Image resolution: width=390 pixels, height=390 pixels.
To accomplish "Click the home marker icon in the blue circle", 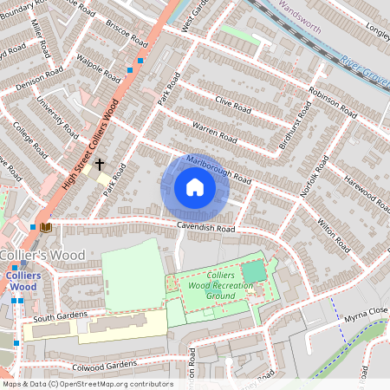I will coord(194,187).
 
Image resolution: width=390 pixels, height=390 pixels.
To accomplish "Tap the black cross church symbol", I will coord(100,163).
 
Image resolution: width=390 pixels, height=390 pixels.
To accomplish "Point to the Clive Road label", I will coord(232,107).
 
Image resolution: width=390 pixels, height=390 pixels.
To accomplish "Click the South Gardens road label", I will coord(56,316).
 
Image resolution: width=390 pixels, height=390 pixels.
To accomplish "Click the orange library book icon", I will coord(46,227).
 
